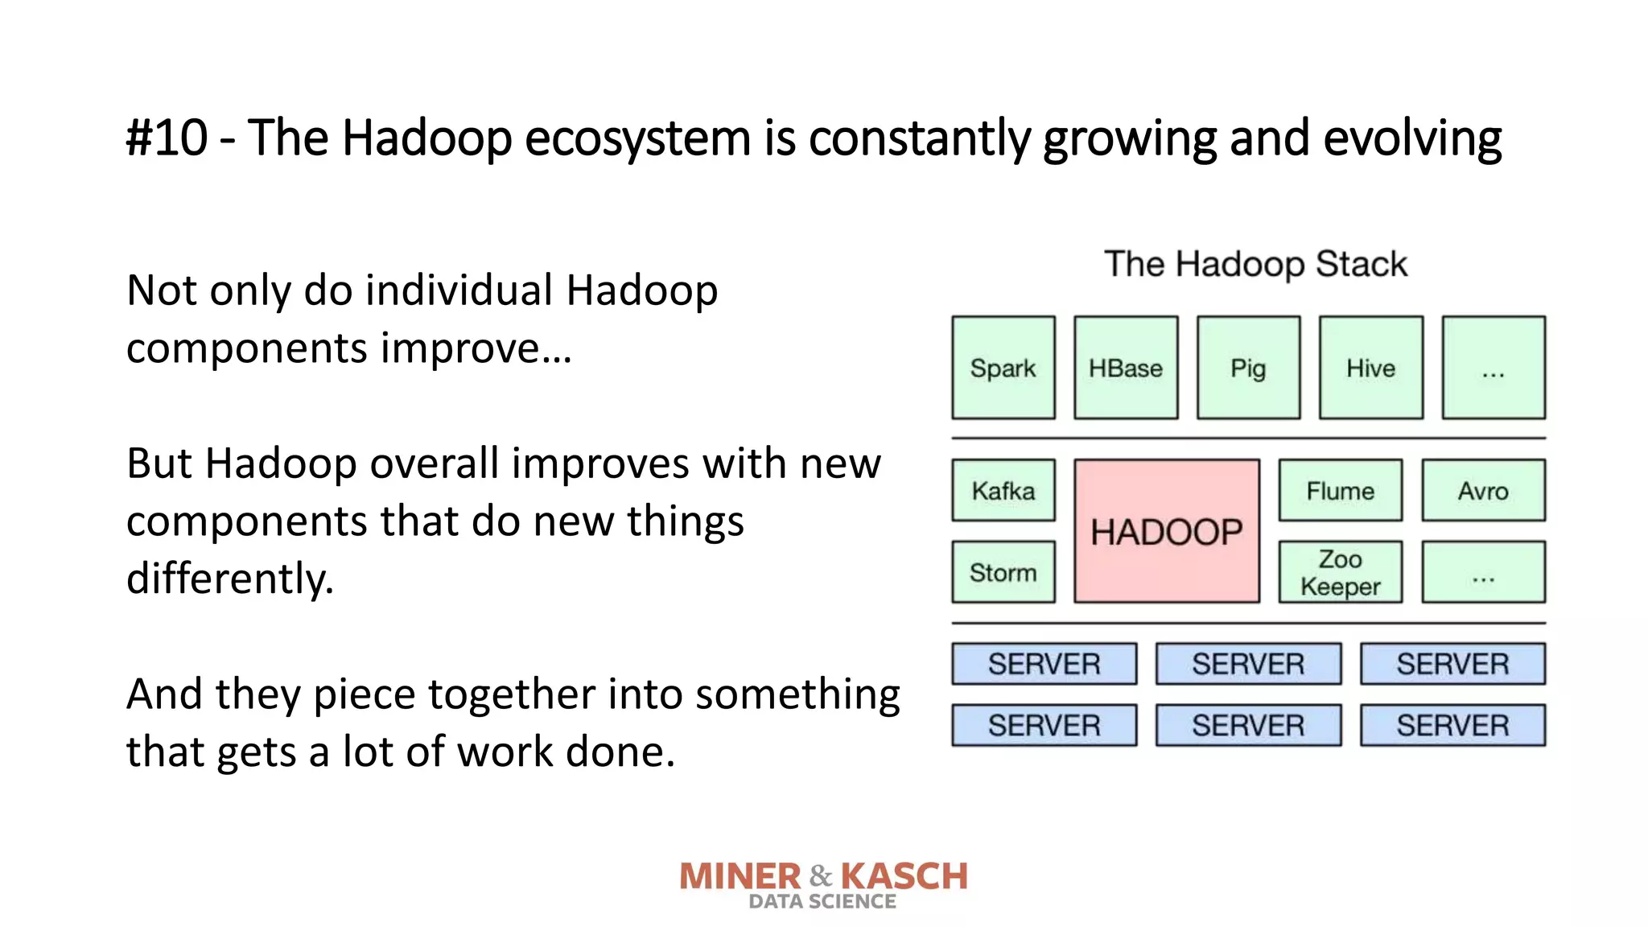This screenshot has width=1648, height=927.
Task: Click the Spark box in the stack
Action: tap(1003, 368)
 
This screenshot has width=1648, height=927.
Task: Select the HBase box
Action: tap(1126, 368)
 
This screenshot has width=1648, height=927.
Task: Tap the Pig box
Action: tap(1248, 368)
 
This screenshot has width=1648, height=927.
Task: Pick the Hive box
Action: tap(1370, 368)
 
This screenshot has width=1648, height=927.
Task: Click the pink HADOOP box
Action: tap(1166, 531)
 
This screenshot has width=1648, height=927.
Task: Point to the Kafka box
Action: tap(1003, 490)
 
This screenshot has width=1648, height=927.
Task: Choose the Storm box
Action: tap(1003, 572)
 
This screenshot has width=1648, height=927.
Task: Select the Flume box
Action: tap(1340, 490)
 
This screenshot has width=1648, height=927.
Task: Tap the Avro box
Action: tap(1483, 490)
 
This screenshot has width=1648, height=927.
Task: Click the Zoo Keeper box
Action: tap(1340, 572)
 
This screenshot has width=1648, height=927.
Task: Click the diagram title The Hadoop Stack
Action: tap(1255, 264)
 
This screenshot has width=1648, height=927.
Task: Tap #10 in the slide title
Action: tap(167, 138)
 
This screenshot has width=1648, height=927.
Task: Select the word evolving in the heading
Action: tap(1412, 139)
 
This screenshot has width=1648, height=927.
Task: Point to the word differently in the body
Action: tap(229, 579)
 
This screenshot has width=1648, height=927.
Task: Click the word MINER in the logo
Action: tap(740, 876)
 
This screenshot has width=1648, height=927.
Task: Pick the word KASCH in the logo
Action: tap(904, 876)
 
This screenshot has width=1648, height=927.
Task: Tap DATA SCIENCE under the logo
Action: tap(822, 902)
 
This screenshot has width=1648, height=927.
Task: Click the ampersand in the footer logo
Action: tap(821, 875)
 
